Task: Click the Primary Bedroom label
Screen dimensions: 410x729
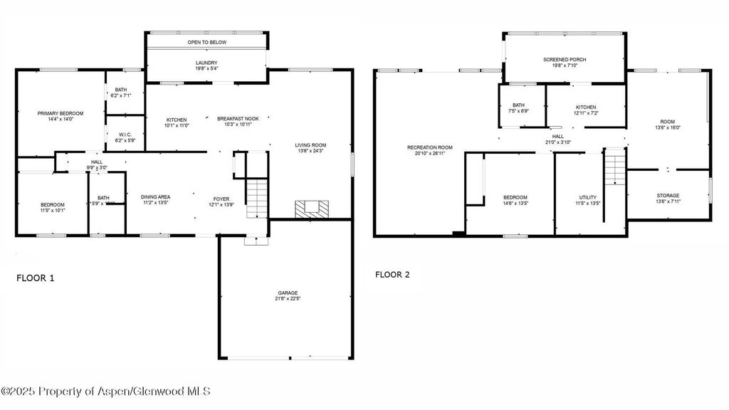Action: coord(61,114)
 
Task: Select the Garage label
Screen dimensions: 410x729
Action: coord(288,293)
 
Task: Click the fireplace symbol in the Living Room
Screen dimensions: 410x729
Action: coord(313,209)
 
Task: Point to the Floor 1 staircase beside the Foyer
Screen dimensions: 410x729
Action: coord(257,199)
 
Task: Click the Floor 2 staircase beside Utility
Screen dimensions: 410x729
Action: coord(614,168)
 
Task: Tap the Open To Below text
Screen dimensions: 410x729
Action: coord(206,43)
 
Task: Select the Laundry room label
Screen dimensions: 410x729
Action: coord(206,63)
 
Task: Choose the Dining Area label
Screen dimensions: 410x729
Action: coord(154,196)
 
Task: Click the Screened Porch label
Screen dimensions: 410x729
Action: coord(565,59)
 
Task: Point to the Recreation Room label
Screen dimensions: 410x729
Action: coord(429,147)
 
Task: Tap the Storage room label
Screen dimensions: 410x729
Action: coord(668,195)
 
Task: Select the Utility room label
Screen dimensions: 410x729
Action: coord(587,197)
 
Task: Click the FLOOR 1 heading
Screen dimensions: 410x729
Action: coord(35,278)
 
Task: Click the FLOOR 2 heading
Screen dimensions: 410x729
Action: coord(392,274)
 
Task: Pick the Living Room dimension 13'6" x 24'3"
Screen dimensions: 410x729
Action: coord(310,151)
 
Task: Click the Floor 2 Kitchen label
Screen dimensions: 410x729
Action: coord(586,106)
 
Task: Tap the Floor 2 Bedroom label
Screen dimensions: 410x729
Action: coord(515,197)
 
